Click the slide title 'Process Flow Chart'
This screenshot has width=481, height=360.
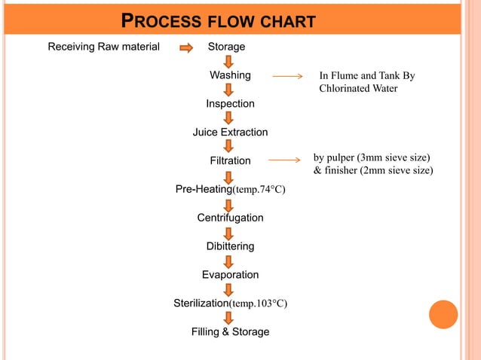point(218,21)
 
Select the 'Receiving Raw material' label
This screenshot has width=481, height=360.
point(104,47)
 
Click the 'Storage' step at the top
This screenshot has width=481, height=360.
point(226,47)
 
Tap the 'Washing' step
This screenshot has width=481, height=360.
point(230,75)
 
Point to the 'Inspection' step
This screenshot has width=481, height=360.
point(230,103)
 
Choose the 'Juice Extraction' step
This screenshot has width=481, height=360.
point(230,132)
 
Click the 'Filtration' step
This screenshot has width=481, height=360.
point(230,160)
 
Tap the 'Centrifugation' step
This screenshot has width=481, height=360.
point(230,218)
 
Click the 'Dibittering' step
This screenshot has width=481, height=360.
point(230,246)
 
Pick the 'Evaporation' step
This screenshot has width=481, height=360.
point(230,275)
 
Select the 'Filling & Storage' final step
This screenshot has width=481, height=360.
point(230,331)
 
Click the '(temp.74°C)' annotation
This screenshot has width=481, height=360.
point(259,189)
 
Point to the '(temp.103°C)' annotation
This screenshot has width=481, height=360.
point(259,304)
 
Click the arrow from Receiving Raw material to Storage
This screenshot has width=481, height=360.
point(186,47)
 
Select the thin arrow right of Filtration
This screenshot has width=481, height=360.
point(287,160)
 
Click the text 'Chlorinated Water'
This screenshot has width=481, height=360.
point(358,89)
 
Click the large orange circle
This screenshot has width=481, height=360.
point(443,315)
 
